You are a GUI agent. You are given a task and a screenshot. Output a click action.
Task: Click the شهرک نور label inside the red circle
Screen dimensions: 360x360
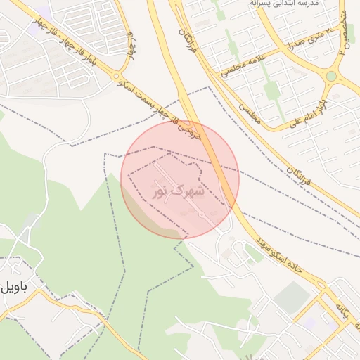(x=178, y=190)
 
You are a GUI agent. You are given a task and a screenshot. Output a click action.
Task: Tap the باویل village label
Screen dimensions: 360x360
(x=15, y=286)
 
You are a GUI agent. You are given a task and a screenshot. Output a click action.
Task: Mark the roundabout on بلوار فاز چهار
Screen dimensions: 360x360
(x=117, y=77)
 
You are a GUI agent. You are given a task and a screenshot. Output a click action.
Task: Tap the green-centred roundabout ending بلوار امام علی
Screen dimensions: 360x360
(x=331, y=76)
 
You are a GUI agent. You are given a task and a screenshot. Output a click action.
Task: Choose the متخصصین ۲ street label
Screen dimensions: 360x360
(x=344, y=32)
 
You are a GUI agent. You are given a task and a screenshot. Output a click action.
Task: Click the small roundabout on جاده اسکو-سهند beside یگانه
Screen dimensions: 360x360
(x=324, y=289)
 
